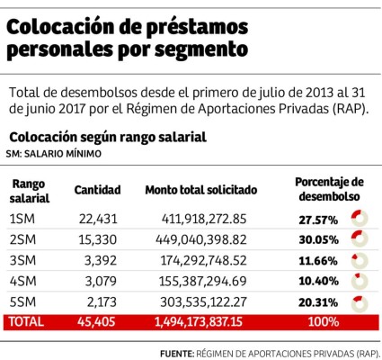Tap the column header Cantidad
click(97, 191)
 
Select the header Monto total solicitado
click(201, 191)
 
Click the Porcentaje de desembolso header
click(328, 189)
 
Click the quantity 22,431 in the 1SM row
click(97, 218)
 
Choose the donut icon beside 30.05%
click(360, 238)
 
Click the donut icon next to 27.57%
click(360, 218)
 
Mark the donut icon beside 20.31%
click(360, 301)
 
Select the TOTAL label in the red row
click(25, 321)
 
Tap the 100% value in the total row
click(321, 321)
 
